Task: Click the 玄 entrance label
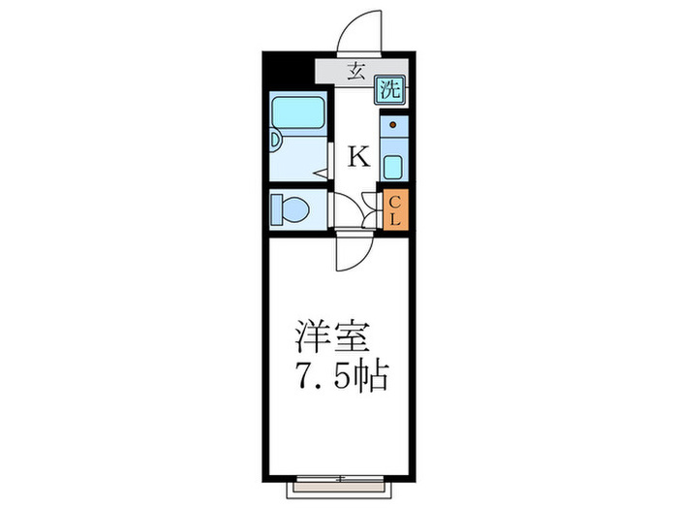tap(356, 71)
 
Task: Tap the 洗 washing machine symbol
tap(389, 92)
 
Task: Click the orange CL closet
tap(395, 209)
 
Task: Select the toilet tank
tap(275, 208)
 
